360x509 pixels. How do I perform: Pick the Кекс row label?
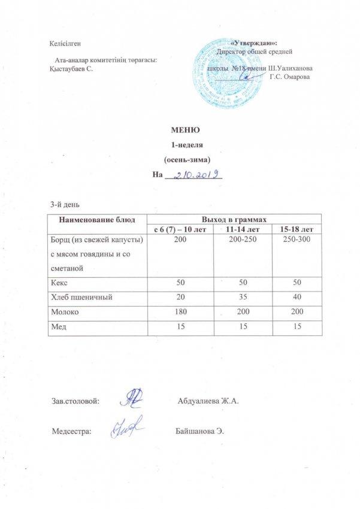(60, 280)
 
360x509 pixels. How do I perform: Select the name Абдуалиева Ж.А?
(208, 400)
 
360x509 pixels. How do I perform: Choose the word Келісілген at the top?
(66, 43)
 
